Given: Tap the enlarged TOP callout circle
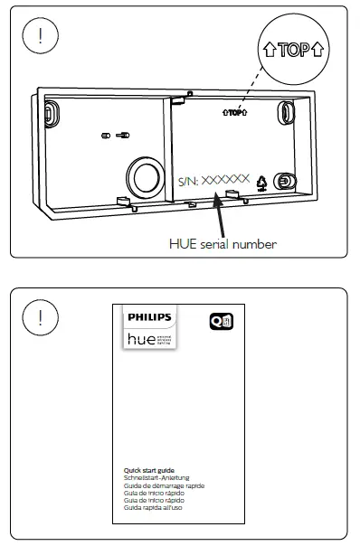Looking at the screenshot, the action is [294, 49].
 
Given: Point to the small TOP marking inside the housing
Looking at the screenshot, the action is [234, 113].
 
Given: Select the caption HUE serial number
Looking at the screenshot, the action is [223, 243].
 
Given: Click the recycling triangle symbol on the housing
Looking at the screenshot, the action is [261, 182].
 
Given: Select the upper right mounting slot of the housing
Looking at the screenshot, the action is [286, 112].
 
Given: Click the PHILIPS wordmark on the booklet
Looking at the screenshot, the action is [147, 318].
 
